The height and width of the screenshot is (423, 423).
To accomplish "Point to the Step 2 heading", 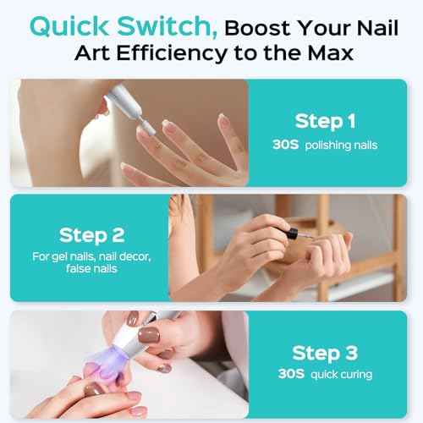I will tap(96, 234).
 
